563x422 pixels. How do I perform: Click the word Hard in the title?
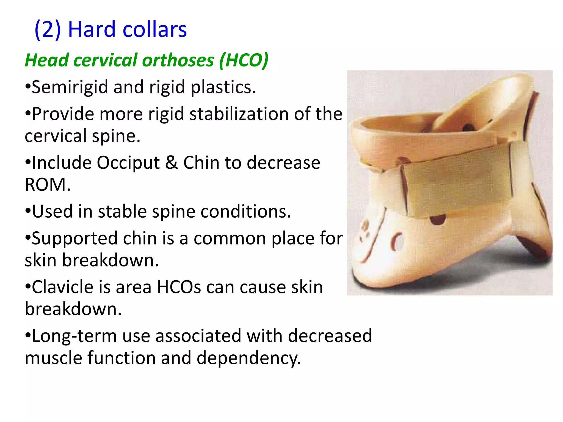point(92,29)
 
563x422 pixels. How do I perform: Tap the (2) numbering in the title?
point(48,29)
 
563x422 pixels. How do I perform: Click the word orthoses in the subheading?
point(178,60)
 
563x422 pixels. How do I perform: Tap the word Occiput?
point(128,163)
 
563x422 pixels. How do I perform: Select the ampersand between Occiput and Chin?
point(171,163)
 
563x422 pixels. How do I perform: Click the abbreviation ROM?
point(48,185)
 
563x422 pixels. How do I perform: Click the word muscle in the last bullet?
point(54,358)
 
